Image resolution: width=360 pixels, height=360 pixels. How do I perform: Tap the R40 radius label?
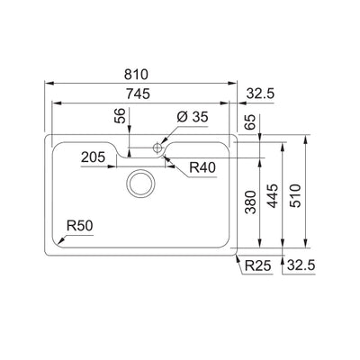[202, 167]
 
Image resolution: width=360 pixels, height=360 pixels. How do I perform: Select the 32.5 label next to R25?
[300, 264]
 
